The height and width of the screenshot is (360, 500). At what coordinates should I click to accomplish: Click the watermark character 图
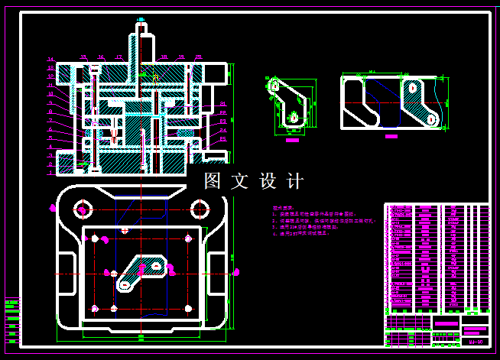[213, 181]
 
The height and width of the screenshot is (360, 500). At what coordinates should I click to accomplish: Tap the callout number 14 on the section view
[50, 60]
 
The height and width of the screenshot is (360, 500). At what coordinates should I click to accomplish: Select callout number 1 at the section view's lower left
[50, 174]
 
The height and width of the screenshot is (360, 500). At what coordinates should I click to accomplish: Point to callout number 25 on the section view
[222, 139]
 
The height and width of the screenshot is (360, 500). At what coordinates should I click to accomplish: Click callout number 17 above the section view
[119, 57]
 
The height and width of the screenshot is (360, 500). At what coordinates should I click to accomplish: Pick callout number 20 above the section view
[198, 57]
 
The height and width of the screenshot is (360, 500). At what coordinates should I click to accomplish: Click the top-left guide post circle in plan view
[81, 208]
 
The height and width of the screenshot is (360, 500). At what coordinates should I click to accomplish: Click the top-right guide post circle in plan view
[200, 208]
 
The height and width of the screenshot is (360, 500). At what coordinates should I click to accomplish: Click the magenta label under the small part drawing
[292, 140]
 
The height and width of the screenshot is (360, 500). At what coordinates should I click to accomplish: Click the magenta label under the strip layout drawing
[391, 137]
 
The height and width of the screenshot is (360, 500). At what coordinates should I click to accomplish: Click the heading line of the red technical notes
[282, 208]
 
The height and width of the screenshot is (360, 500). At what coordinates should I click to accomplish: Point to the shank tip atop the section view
[141, 27]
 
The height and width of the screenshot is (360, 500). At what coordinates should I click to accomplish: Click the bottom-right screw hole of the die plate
[188, 308]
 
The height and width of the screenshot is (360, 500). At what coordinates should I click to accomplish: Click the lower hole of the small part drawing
[293, 118]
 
